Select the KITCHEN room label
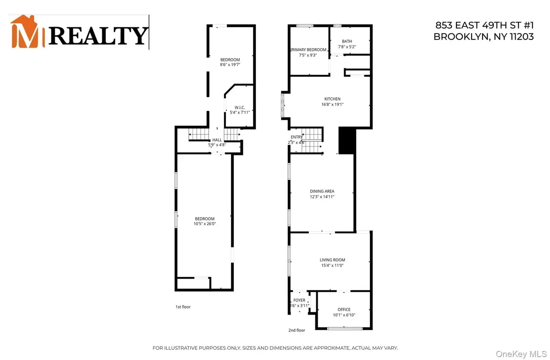(332, 99)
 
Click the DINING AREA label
(322, 191)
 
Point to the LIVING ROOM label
(332, 260)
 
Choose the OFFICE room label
(344, 310)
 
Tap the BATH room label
(346, 41)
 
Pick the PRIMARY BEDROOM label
(308, 50)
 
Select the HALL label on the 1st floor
(217, 140)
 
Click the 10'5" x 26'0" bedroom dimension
(204, 224)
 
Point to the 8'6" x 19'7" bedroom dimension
(230, 65)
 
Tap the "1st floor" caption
(182, 307)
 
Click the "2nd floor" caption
(297, 330)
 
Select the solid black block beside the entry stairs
(346, 140)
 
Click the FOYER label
(300, 300)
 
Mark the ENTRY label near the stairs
(297, 137)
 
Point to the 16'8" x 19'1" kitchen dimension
(332, 105)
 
